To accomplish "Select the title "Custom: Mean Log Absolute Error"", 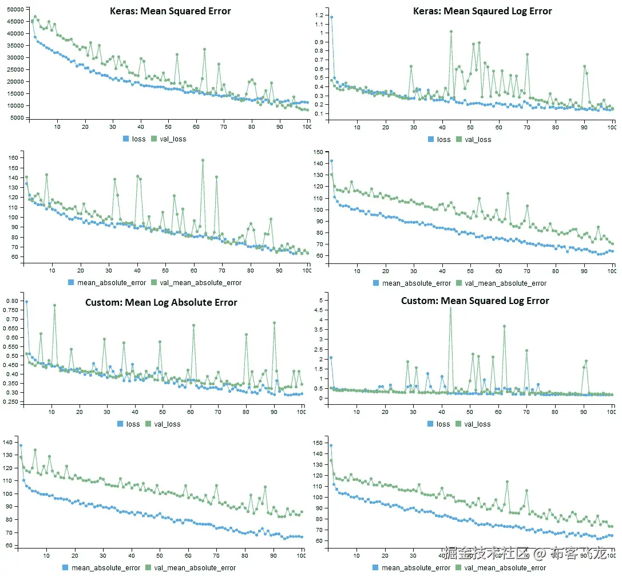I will pos(161,302).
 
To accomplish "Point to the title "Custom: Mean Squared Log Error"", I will pos(475,301).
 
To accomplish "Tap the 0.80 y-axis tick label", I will pos(13,301).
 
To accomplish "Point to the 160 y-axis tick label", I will pos(14,157).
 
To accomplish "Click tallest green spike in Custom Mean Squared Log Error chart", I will pos(450,308).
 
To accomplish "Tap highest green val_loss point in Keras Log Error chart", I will pos(451,31).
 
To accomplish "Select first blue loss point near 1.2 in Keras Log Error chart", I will pos(331,17).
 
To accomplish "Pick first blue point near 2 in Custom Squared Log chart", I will pos(331,357).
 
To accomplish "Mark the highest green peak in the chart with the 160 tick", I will pos(203,160).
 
